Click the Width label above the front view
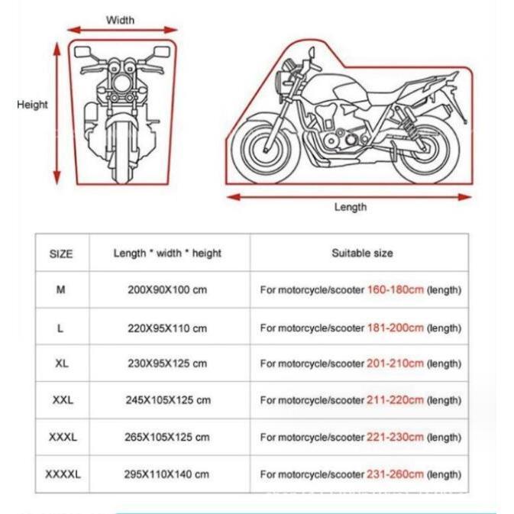click(120, 20)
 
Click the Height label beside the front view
click(32, 105)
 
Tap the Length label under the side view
click(351, 207)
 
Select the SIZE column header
click(61, 254)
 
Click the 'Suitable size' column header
click(362, 253)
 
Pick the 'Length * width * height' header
click(167, 253)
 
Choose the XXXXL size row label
click(62, 474)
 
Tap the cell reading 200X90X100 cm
click(167, 290)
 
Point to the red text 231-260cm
click(396, 474)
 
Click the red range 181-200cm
click(396, 328)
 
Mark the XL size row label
click(61, 364)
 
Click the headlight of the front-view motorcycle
click(121, 79)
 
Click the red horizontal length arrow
click(350, 196)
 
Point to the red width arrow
click(122, 31)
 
